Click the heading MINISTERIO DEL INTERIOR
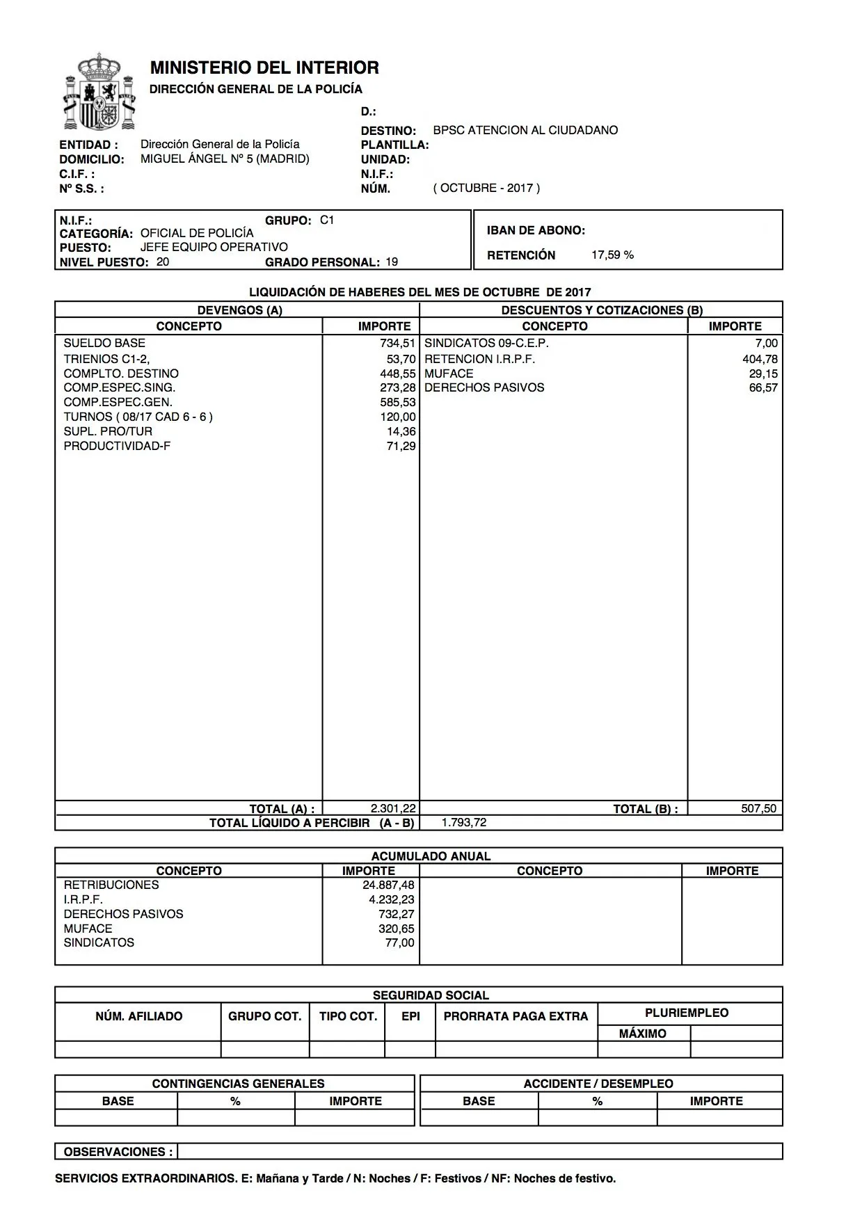pyautogui.click(x=264, y=67)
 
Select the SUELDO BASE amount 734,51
pyautogui.click(x=397, y=343)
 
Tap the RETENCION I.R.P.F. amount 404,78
pyautogui.click(x=760, y=359)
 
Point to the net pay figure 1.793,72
pyautogui.click(x=464, y=822)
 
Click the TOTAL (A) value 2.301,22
pyautogui.click(x=393, y=808)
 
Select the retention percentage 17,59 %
pyautogui.click(x=612, y=255)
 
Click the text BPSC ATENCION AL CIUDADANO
pyautogui.click(x=525, y=130)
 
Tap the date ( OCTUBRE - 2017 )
pyautogui.click(x=486, y=188)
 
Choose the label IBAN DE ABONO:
pyautogui.click(x=536, y=230)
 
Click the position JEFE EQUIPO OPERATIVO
pyautogui.click(x=214, y=247)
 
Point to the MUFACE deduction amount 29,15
pyautogui.click(x=763, y=374)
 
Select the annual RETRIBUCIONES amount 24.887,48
pyautogui.click(x=388, y=885)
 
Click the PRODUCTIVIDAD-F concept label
pyautogui.click(x=117, y=446)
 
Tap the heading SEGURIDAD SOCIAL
pyautogui.click(x=431, y=995)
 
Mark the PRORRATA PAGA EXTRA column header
pyautogui.click(x=516, y=1016)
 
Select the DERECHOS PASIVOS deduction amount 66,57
pyautogui.click(x=763, y=387)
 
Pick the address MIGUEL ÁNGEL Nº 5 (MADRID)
pyautogui.click(x=225, y=159)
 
